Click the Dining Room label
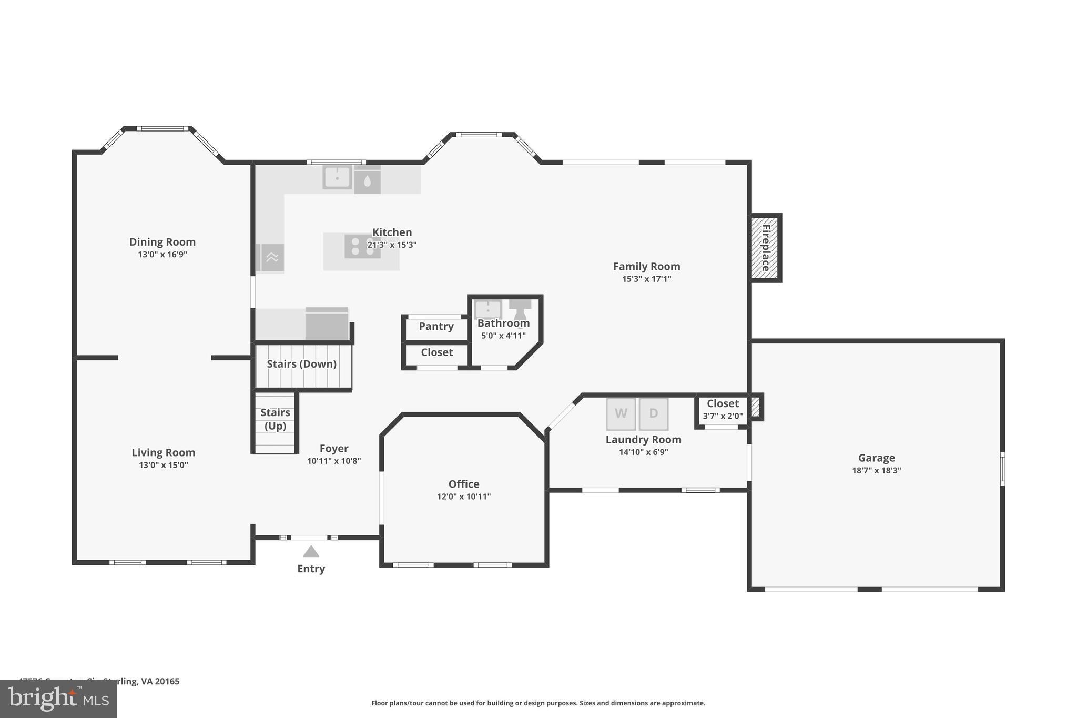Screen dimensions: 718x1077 pos(162,242)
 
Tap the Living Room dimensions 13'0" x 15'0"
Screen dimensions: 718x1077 pos(163,465)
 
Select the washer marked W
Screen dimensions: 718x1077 pos(621,413)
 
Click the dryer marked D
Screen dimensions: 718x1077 pos(654,413)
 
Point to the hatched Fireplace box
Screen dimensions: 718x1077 pos(765,248)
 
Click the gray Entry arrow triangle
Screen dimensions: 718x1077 pos(311,552)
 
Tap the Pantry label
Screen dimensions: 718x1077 pos(436,326)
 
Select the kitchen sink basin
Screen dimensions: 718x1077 pos(337,177)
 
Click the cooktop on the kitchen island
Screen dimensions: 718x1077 pos(362,246)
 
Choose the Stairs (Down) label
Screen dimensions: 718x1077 pos(301,364)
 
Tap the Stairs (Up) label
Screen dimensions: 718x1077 pos(275,419)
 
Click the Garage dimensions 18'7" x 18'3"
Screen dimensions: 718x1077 pos(876,471)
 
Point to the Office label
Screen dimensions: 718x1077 pos(463,484)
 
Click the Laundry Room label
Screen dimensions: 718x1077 pos(643,440)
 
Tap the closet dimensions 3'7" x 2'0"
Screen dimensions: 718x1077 pos(723,416)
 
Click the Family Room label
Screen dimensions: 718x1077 pos(646,267)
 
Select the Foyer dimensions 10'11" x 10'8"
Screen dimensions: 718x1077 pos(334,461)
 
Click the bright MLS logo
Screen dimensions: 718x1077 pos(58,699)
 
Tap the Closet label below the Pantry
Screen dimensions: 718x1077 pos(436,352)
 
